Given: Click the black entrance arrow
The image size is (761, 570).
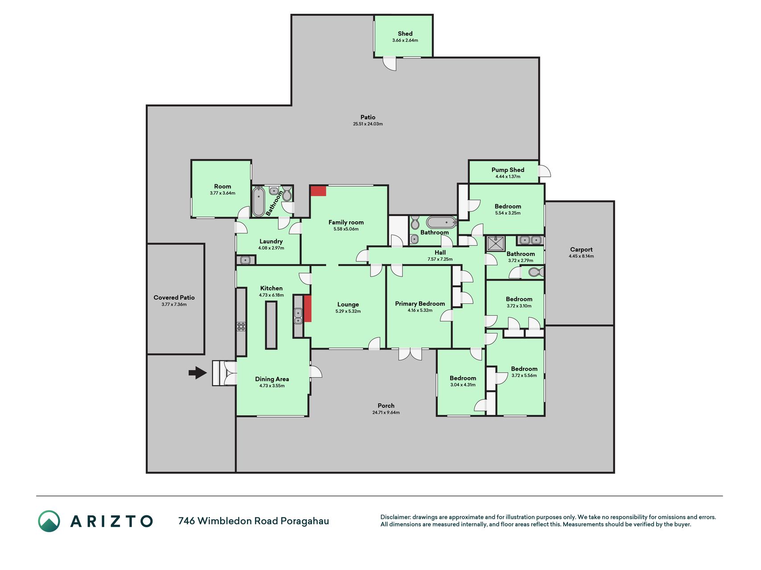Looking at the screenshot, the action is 198,372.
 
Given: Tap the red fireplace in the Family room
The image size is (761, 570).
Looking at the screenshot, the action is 318,191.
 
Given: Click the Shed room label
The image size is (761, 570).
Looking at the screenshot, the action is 405,33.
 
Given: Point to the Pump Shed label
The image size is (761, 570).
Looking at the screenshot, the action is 508,170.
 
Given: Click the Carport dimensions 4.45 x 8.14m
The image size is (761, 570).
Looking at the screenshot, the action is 581,256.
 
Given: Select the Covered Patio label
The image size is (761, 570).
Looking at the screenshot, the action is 174,297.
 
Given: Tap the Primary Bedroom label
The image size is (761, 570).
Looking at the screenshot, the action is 420,304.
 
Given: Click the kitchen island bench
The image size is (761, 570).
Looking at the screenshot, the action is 271,325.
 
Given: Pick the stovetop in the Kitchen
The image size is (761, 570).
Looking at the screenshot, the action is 241,326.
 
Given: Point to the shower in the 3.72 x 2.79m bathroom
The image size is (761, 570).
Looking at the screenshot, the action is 496,244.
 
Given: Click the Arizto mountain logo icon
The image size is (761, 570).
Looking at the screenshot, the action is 49,521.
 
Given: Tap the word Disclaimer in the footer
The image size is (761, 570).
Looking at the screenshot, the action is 395,517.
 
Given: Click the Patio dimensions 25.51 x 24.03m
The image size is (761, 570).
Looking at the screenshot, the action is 368,124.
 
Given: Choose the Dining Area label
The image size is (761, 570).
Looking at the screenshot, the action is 272,379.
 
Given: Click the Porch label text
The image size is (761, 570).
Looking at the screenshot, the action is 386,406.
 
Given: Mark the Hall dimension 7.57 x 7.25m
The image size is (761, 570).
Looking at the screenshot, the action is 440,259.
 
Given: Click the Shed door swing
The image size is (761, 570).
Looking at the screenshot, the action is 391,64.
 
